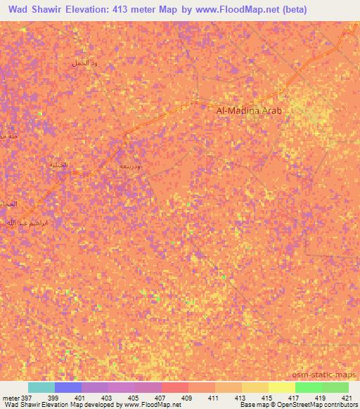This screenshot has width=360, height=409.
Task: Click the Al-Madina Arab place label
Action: click(252, 110)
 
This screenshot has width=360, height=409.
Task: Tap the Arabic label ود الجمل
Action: click(84, 63)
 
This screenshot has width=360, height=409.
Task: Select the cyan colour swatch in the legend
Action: click(41, 387)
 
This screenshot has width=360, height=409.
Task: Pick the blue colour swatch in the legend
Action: click(68, 387)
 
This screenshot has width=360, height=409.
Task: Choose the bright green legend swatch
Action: click(309, 387)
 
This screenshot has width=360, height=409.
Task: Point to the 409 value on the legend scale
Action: click(188, 398)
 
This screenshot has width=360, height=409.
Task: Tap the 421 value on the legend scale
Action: click(348, 398)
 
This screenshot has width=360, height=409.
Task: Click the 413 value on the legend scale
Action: click(242, 398)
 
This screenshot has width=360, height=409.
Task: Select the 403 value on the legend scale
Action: click(109, 398)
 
